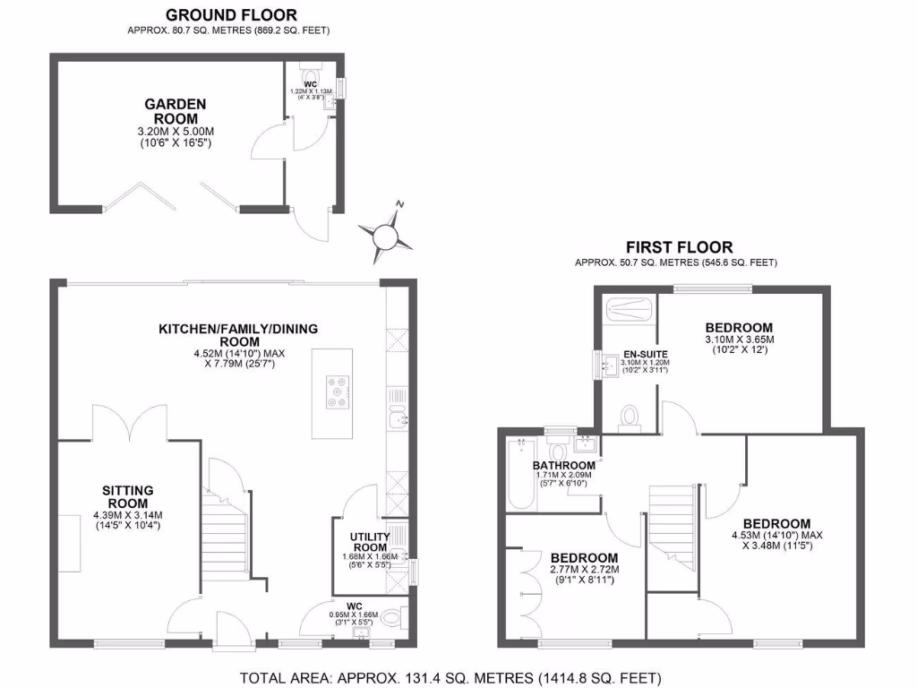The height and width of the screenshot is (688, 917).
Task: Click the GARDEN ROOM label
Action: pos(176,111)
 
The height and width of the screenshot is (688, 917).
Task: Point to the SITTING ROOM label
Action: pos(128,497)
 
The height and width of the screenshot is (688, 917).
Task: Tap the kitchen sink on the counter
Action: pos(399,417)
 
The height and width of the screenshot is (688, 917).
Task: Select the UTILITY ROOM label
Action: pos(368,542)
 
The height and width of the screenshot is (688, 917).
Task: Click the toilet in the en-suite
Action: pos(630,417)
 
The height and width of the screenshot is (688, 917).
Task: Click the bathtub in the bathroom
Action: pos(520,475)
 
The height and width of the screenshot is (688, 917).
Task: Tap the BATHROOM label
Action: pos(563,466)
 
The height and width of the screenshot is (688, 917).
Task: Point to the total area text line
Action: pos(450,677)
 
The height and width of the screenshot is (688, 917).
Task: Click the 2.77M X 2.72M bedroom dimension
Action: pos(584,569)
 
